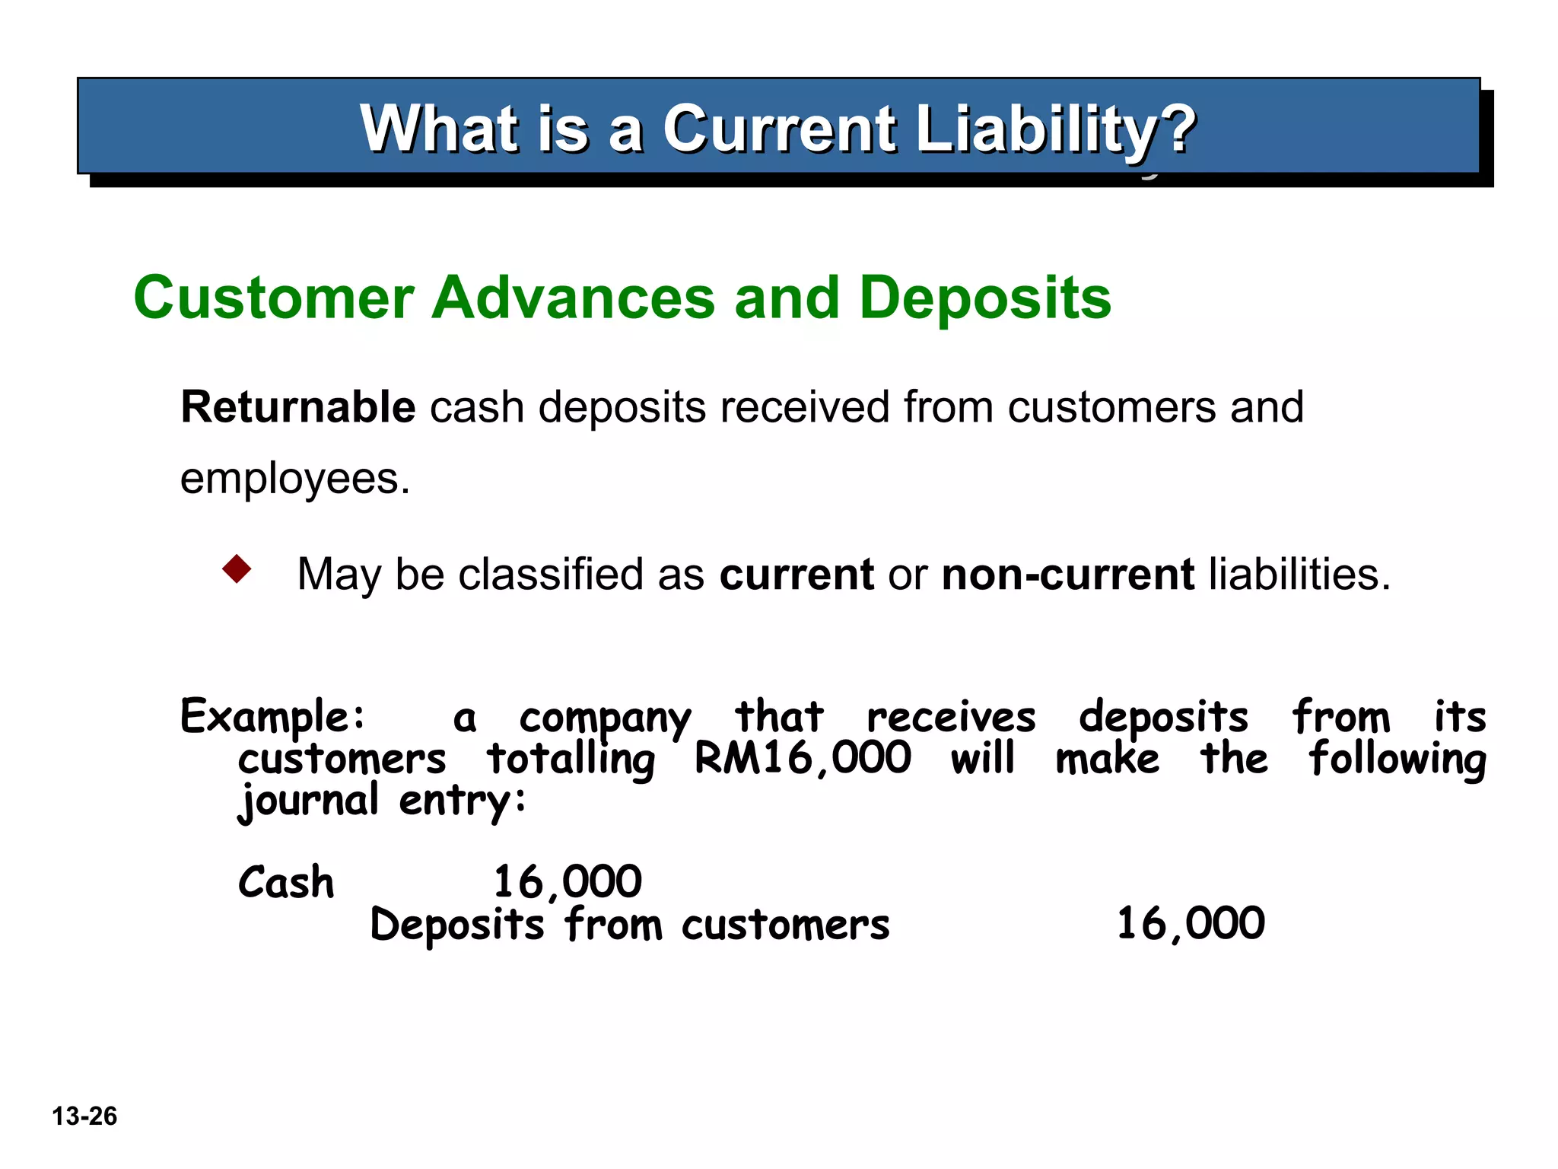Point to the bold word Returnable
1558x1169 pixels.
click(x=297, y=407)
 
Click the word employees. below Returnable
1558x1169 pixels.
click(x=294, y=479)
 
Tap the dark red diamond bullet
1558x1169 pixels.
click(x=237, y=569)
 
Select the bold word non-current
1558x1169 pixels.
click(x=1067, y=574)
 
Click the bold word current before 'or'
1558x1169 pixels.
click(x=796, y=574)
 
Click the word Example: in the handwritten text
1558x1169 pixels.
click(x=272, y=717)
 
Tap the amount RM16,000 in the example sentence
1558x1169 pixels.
click(x=803, y=758)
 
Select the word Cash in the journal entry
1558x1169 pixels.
click(x=285, y=883)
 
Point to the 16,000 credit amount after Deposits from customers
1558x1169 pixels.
click(x=1191, y=923)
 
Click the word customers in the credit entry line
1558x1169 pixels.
click(x=785, y=925)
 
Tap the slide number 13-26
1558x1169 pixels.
click(x=84, y=1116)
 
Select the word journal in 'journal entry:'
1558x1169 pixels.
click(x=309, y=801)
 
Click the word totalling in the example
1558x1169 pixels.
click(x=571, y=760)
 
